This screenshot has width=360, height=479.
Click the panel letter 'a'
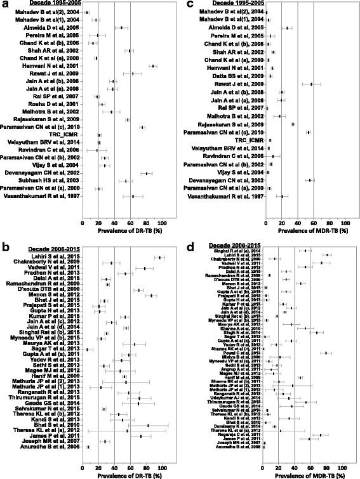[x=4, y=5]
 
